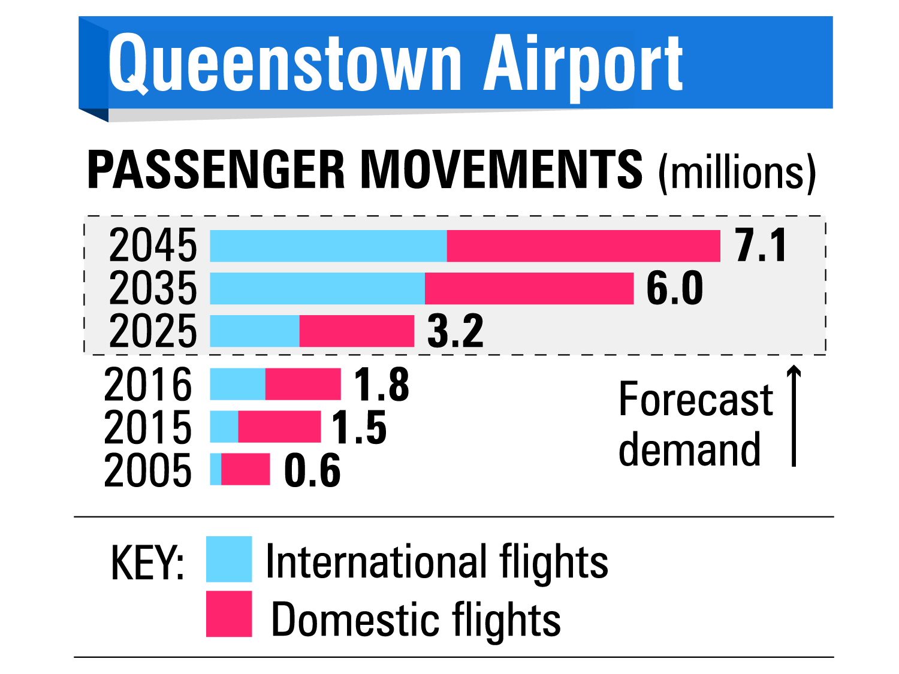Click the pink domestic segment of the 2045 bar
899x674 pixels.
[583, 246]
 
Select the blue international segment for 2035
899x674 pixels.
[318, 288]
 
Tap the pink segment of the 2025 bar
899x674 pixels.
[357, 331]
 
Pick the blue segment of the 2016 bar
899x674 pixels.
[237, 384]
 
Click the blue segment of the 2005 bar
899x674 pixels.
[215, 469]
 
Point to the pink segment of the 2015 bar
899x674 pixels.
[279, 427]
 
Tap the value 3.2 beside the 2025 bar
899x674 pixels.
[455, 331]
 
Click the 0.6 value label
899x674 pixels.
[312, 470]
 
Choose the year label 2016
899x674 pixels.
[148, 384]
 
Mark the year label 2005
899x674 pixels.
[148, 470]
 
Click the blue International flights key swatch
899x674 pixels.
[229, 559]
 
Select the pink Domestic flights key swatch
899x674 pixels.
[229, 613]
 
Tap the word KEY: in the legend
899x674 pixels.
[147, 563]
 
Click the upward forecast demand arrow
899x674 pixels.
[794, 415]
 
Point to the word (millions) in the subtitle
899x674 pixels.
[737, 174]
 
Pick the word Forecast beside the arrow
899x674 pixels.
[696, 398]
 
